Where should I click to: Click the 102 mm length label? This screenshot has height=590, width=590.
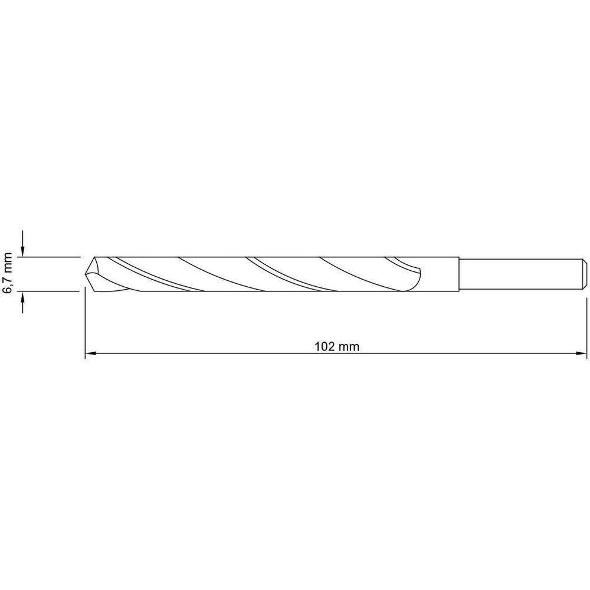pyautogui.click(x=337, y=346)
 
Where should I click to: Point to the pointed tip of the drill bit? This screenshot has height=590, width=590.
pyautogui.click(x=87, y=273)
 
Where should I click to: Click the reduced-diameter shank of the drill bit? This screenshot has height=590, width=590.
pyautogui.click(x=519, y=274)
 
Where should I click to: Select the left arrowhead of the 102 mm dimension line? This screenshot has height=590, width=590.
pyautogui.click(x=90, y=354)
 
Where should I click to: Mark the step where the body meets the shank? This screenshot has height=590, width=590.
pyautogui.click(x=459, y=274)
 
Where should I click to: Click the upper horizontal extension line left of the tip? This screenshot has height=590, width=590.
pyautogui.click(x=50, y=257)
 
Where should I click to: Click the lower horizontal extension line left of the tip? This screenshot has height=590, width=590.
pyautogui.click(x=50, y=290)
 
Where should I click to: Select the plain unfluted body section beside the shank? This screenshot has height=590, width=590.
pyautogui.click(x=440, y=274)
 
